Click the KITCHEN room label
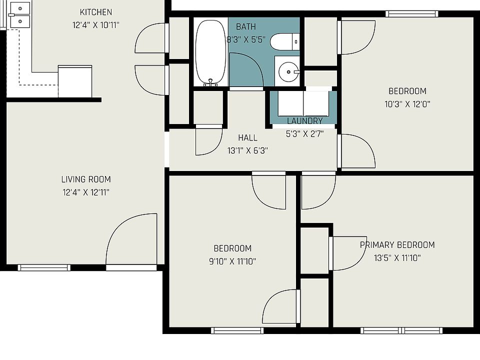pos(96,12)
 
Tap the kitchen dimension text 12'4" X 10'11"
pos(96,25)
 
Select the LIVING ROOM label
pos(86,179)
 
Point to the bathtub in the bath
pos(211,52)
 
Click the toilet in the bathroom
pos(284,41)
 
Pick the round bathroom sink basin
pos(288,72)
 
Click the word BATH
pos(246,27)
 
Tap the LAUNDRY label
pos(305,121)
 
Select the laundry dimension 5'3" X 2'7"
pos(305,134)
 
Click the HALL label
pos(247,138)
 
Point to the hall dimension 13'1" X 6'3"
pos(247,150)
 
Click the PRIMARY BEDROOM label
pos(397,245)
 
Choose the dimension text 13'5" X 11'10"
pos(397,258)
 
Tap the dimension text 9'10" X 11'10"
pos(232,261)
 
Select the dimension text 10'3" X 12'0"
pos(407,104)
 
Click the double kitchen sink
pos(20,15)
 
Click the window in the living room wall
pos(44,267)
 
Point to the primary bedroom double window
pos(401,330)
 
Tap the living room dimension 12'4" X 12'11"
pos(86,192)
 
